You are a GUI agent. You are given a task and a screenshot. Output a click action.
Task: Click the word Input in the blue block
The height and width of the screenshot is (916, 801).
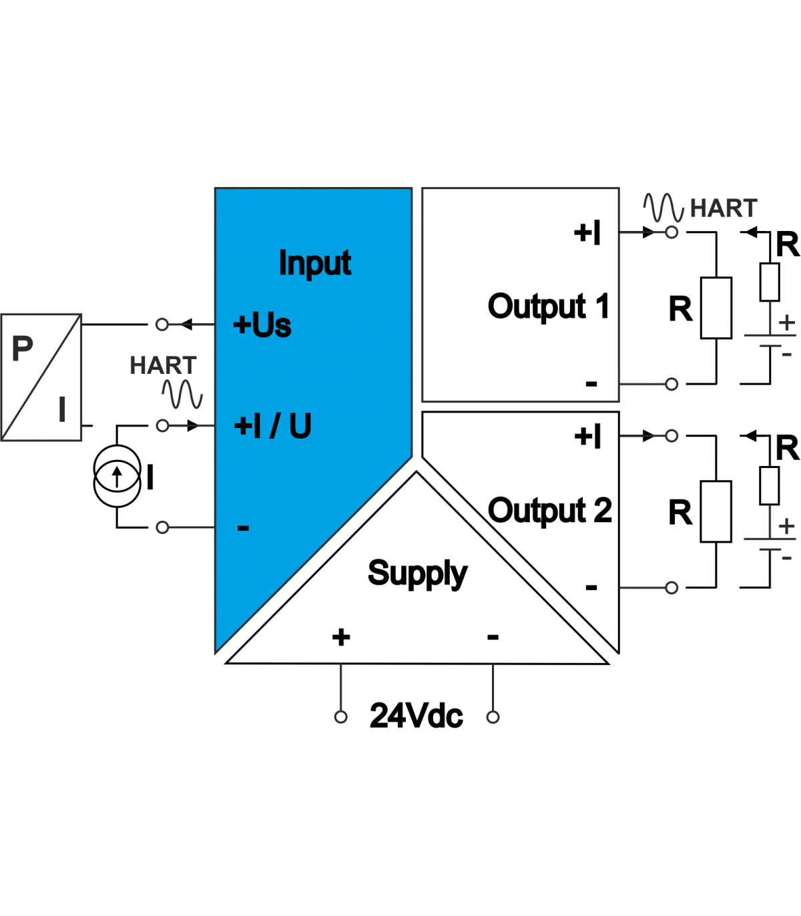pyautogui.click(x=314, y=263)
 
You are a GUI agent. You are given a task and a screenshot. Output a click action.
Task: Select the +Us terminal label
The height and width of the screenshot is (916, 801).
pyautogui.click(x=262, y=325)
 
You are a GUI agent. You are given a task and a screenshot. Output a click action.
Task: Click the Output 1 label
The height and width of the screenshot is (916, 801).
pyautogui.click(x=549, y=307)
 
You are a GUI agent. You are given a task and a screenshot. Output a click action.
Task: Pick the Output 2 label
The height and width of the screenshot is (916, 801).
pyautogui.click(x=550, y=511)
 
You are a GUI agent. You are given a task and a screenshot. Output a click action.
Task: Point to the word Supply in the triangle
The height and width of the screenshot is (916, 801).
pyautogui.click(x=417, y=574)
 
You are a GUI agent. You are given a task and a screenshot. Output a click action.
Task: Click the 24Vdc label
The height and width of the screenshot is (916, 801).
pyautogui.click(x=416, y=716)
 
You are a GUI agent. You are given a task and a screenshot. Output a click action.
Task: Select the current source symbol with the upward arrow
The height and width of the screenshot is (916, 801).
pyautogui.click(x=117, y=477)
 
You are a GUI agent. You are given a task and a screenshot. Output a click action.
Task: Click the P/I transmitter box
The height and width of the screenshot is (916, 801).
pyautogui.click(x=41, y=377)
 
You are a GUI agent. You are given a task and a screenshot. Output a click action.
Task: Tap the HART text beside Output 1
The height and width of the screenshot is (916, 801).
pyautogui.click(x=724, y=208)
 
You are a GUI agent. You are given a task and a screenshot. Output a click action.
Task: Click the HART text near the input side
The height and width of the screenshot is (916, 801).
pyautogui.click(x=163, y=366)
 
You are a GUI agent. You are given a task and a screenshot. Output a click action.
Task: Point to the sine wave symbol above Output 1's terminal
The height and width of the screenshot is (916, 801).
pyautogui.click(x=663, y=208)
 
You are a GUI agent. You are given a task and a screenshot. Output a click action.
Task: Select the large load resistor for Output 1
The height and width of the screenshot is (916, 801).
pyautogui.click(x=716, y=308)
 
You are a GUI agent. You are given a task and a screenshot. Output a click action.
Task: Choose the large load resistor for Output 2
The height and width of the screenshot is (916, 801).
pyautogui.click(x=716, y=511)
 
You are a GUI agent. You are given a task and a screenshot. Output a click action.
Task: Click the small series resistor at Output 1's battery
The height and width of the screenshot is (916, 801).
pyautogui.click(x=770, y=282)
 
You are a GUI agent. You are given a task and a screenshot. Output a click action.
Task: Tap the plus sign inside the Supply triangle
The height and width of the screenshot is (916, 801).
pyautogui.click(x=341, y=637)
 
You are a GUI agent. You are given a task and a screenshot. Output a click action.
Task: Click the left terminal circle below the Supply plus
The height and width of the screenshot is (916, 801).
pyautogui.click(x=341, y=717)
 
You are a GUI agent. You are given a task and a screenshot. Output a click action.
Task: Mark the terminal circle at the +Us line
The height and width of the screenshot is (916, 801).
pyautogui.click(x=162, y=324)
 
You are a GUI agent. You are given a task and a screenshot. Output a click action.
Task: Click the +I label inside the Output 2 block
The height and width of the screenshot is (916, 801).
pyautogui.click(x=588, y=437)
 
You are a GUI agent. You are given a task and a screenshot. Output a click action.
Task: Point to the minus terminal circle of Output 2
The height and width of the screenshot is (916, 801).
pyautogui.click(x=672, y=588)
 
